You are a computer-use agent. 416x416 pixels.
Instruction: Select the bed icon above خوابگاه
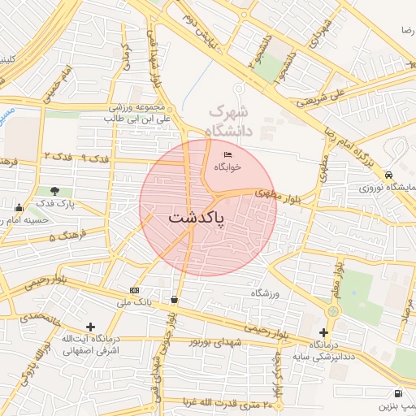click(227, 154)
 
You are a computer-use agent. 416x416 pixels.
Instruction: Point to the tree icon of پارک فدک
click(55, 191)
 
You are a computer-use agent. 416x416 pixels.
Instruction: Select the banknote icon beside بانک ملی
click(134, 290)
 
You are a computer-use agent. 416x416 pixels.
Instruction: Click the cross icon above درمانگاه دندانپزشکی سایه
click(323, 332)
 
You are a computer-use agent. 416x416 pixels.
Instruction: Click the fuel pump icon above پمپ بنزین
click(396, 392)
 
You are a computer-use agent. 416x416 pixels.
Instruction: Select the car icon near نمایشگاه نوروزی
click(389, 175)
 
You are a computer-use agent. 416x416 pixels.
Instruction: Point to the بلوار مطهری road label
click(273, 194)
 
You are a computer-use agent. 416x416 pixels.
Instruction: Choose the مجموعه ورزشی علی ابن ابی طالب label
click(137, 113)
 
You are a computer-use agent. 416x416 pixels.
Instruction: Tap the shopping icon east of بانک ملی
click(174, 299)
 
